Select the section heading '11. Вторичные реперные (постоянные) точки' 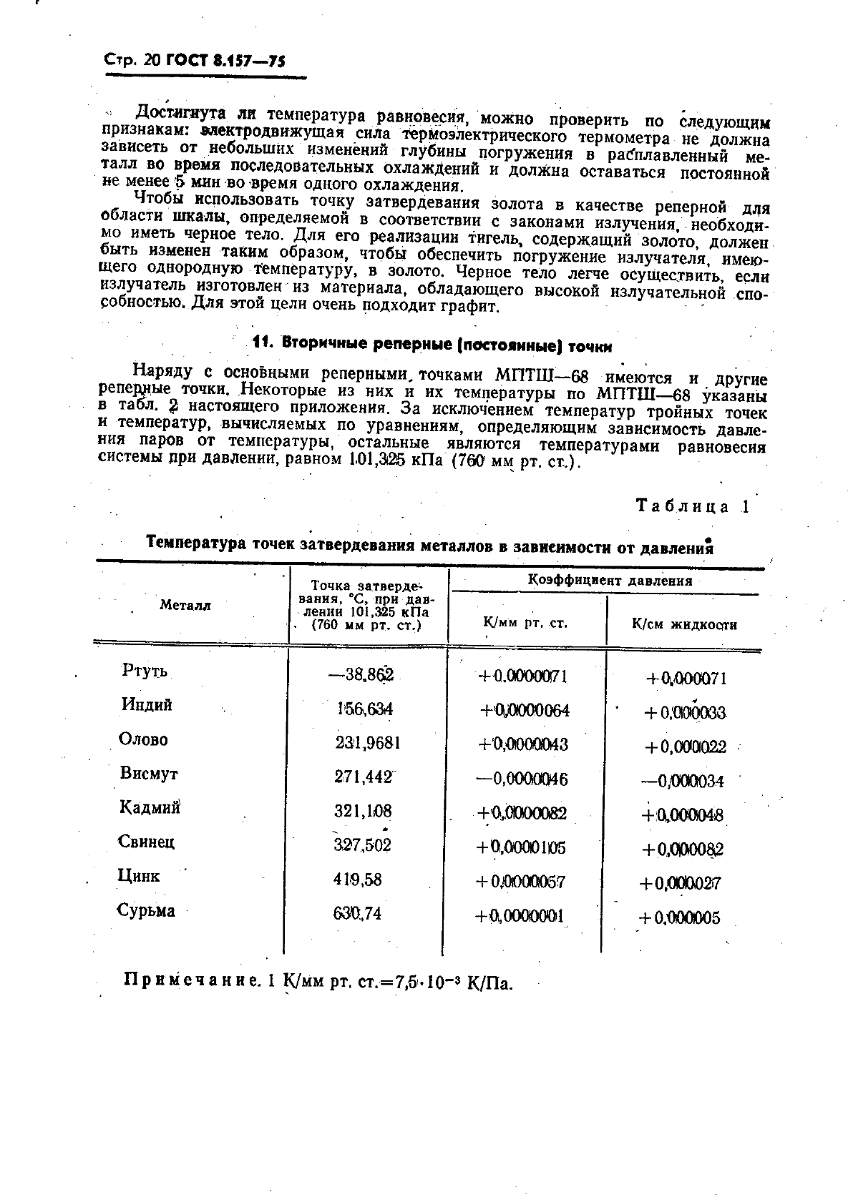click(433, 343)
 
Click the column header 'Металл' click(185, 605)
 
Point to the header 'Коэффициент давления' click(610, 580)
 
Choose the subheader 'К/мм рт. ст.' click(525, 622)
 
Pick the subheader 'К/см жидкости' click(684, 624)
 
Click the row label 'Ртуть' click(145, 671)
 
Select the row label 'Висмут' click(149, 774)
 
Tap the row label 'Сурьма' click(146, 910)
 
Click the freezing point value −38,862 click(361, 674)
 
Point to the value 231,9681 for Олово click(367, 743)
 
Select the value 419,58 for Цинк click(357, 880)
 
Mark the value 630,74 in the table click(357, 913)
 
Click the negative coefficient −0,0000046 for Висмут click(522, 779)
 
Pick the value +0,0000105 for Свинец click(521, 847)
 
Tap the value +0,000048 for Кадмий click(683, 814)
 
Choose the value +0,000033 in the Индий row click(685, 712)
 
